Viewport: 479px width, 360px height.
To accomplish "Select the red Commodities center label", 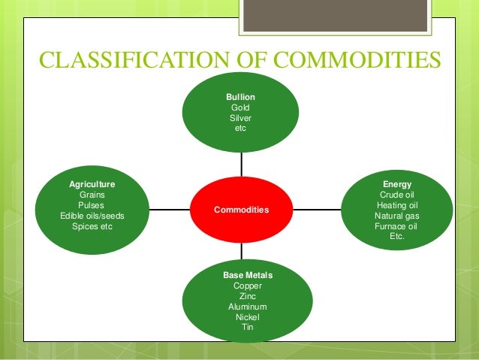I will click(x=241, y=210).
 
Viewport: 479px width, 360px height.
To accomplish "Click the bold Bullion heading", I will click(x=240, y=98).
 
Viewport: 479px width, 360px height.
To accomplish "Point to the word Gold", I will click(x=240, y=107).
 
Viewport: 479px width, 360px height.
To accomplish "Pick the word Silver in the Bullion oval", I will click(x=240, y=118).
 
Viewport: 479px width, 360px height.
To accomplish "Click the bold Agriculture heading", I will click(x=92, y=184).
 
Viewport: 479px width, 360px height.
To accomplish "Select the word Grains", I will click(x=92, y=195).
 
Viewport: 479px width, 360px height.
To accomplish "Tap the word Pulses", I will click(x=92, y=205).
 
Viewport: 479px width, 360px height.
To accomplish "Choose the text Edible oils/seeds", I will click(x=92, y=216).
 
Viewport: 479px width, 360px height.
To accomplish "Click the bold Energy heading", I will click(x=396, y=184).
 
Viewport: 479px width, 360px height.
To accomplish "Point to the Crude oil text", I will click(x=396, y=195).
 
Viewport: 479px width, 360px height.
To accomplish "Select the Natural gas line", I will click(x=396, y=216).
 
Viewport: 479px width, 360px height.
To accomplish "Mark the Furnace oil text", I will click(x=396, y=225).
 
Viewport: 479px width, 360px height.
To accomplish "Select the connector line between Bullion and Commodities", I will click(x=241, y=165).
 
